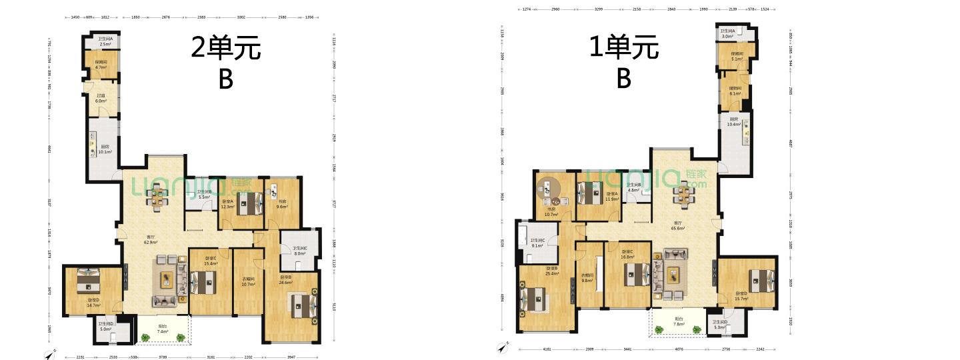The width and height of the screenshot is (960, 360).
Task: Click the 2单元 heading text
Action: (x=225, y=48)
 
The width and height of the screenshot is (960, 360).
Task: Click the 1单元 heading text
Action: (x=623, y=47)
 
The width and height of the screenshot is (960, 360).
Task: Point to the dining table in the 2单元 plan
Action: (x=158, y=197)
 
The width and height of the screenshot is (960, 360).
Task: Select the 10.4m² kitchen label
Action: (x=733, y=122)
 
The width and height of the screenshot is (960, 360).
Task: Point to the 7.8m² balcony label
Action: (x=678, y=321)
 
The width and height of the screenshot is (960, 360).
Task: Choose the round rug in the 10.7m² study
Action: (x=551, y=189)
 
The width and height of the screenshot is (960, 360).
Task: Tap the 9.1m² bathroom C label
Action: (x=537, y=243)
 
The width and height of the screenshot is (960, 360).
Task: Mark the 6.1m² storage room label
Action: (x=735, y=91)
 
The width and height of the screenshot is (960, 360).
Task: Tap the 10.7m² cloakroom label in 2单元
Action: (x=248, y=282)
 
